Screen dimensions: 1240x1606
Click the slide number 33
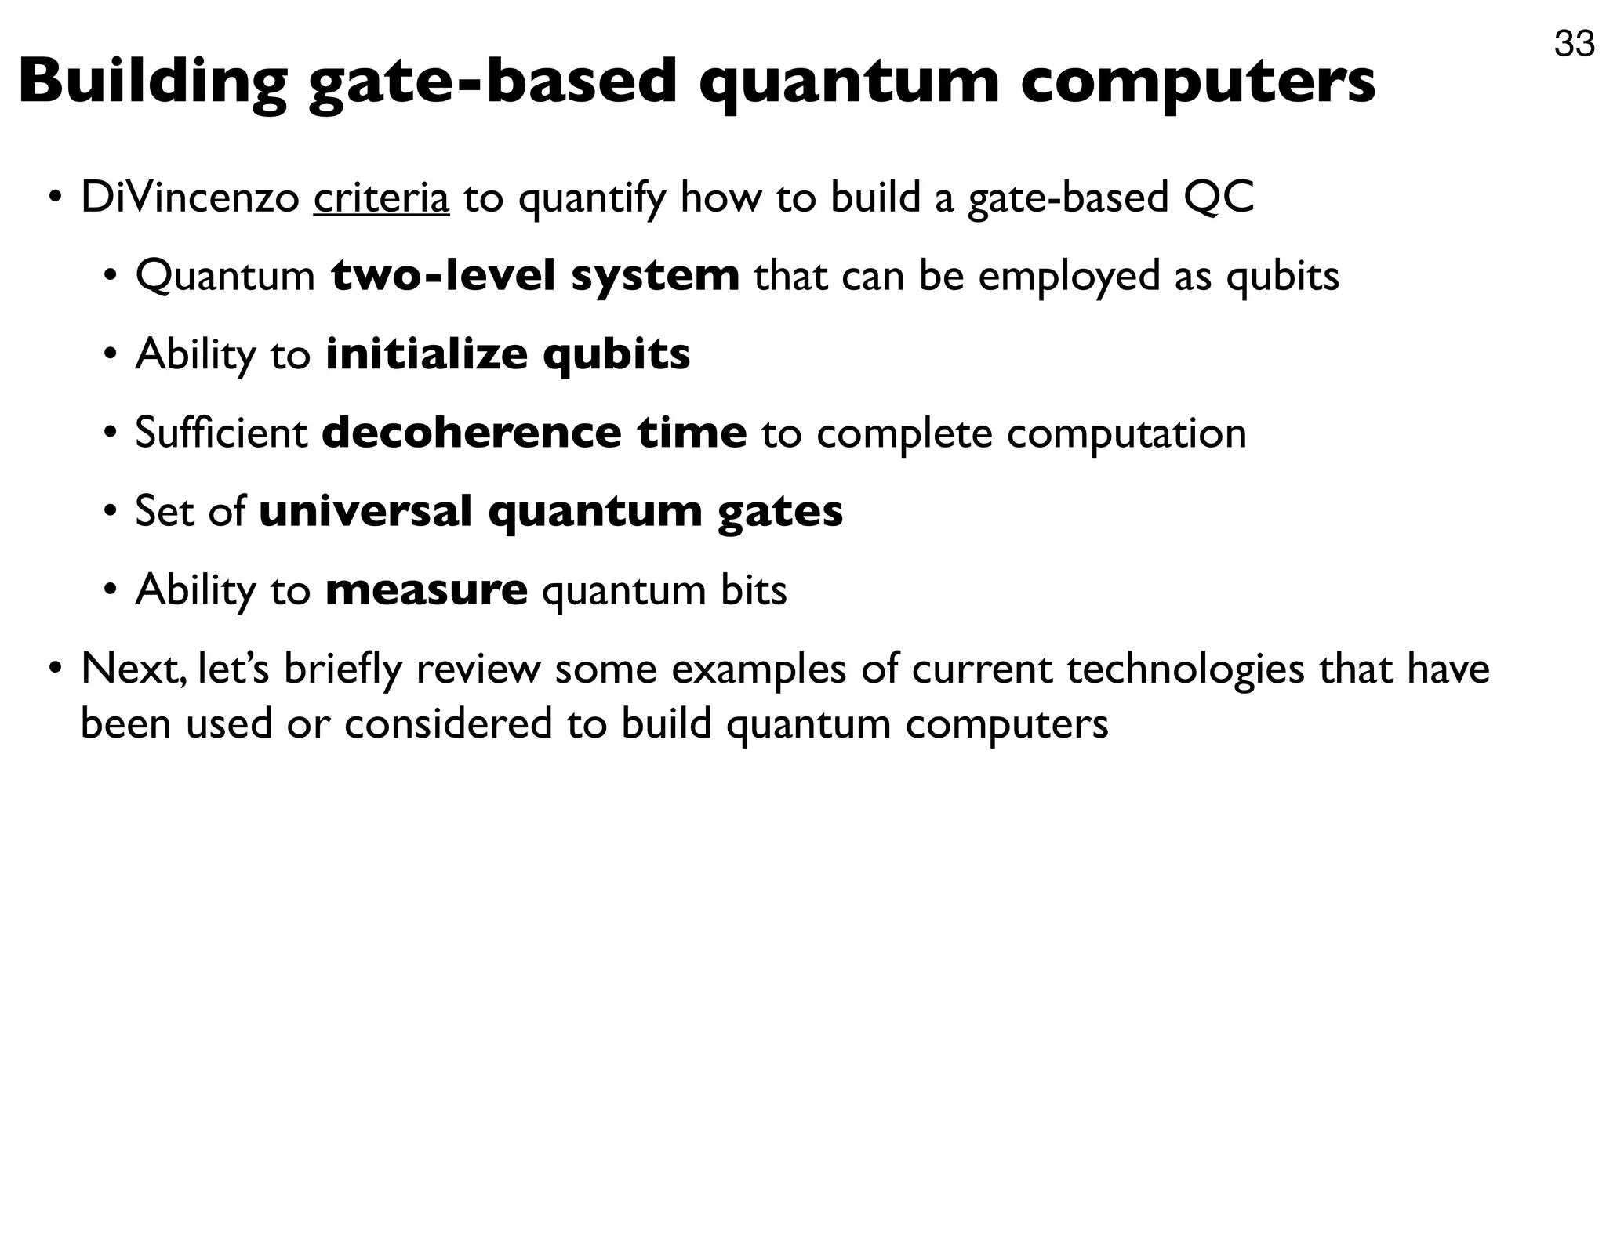click(x=1574, y=44)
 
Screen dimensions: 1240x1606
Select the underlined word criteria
click(x=381, y=198)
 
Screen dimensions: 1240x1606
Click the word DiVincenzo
click(x=190, y=198)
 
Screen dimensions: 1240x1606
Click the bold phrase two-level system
click(x=536, y=276)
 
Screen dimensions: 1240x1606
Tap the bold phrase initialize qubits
click(x=508, y=354)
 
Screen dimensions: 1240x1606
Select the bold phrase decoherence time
click(x=534, y=433)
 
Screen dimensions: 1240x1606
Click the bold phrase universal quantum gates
click(x=551, y=511)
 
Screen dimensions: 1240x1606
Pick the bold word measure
click(x=427, y=589)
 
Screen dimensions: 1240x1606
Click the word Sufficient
click(x=221, y=433)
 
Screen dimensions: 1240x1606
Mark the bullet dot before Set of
click(x=111, y=511)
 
